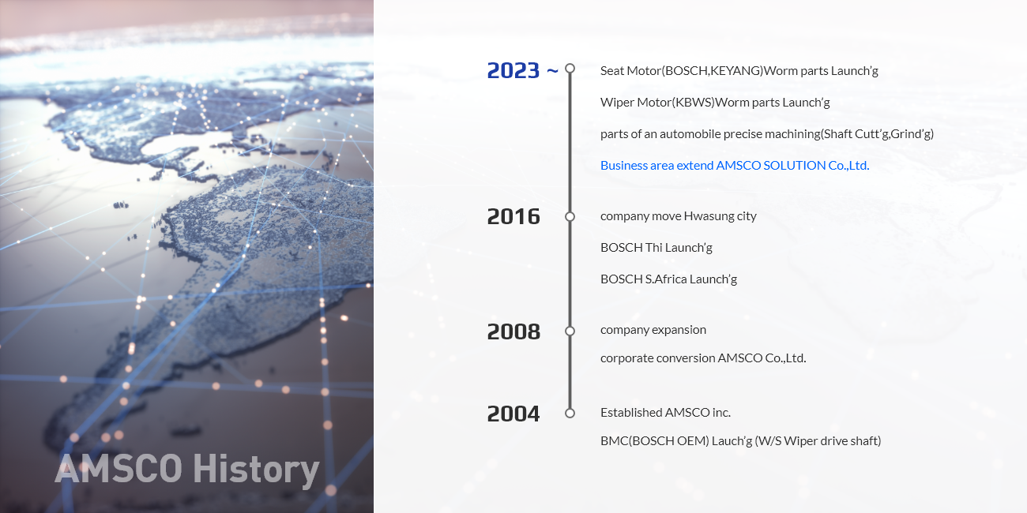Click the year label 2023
[513, 70]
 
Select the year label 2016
[513, 217]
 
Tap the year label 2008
[513, 331]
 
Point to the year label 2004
[513, 414]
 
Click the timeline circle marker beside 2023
[570, 68]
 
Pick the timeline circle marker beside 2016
[570, 217]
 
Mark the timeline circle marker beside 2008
[570, 331]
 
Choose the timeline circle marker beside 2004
[570, 413]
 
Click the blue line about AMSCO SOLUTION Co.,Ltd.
[735, 166]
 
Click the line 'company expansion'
[653, 330]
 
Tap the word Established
[631, 413]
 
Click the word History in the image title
[256, 470]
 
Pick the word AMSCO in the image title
[118, 469]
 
